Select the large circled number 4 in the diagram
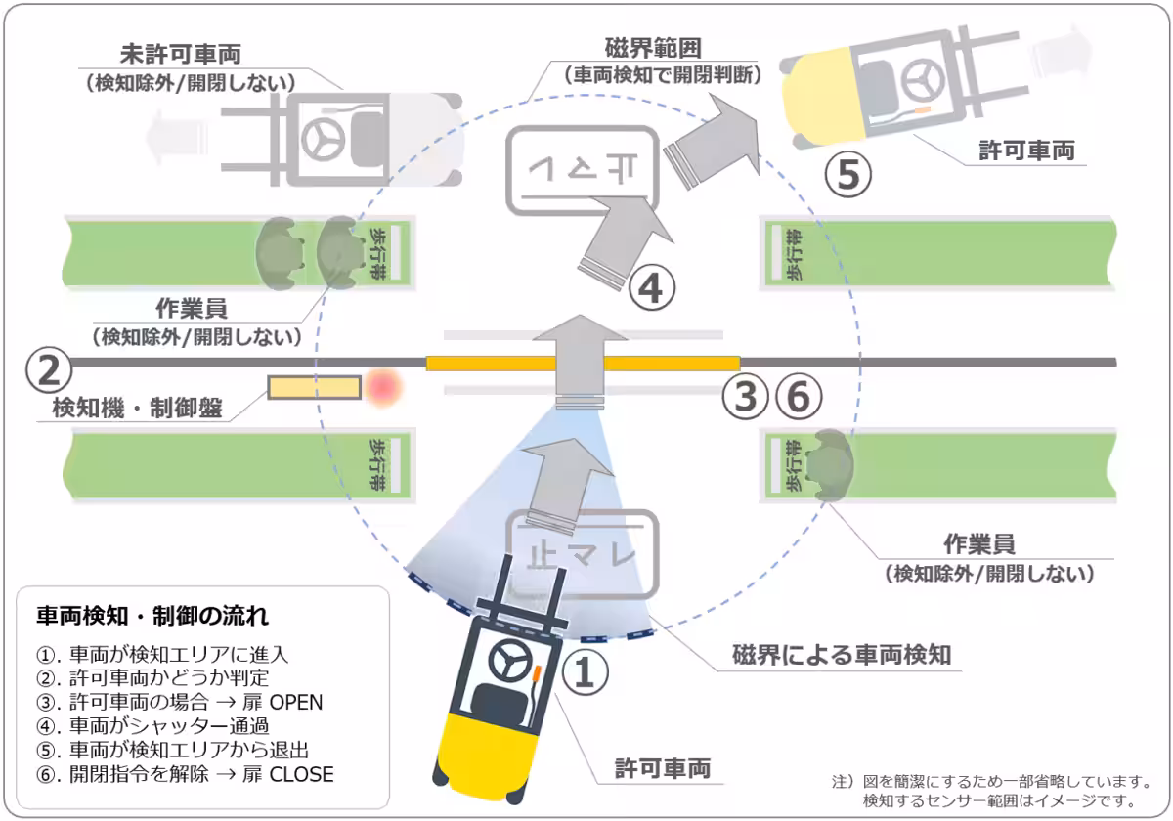click(651, 288)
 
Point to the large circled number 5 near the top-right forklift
click(847, 174)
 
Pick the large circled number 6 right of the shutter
click(798, 397)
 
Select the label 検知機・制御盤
click(136, 409)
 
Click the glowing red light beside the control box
click(384, 388)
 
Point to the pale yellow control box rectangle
click(313, 388)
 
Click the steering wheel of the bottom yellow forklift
click(509, 664)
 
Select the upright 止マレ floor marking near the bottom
click(582, 554)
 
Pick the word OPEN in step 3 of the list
click(296, 702)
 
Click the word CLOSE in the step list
click(301, 775)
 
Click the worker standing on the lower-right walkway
click(830, 461)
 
